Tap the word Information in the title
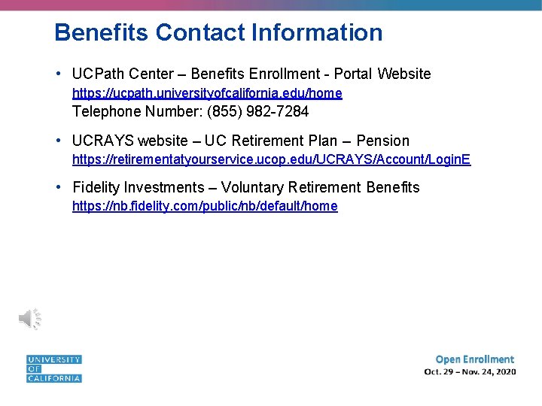pyautogui.click(x=317, y=32)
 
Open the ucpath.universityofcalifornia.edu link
pyautogui.click(x=207, y=93)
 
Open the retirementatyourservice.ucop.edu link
pyautogui.click(x=271, y=159)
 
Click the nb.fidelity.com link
pyautogui.click(x=205, y=206)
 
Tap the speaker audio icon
pyautogui.click(x=29, y=319)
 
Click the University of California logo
pyautogui.click(x=53, y=368)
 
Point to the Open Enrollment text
pyautogui.click(x=474, y=359)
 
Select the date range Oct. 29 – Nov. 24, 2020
pyautogui.click(x=470, y=372)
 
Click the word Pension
pyautogui.click(x=382, y=141)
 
